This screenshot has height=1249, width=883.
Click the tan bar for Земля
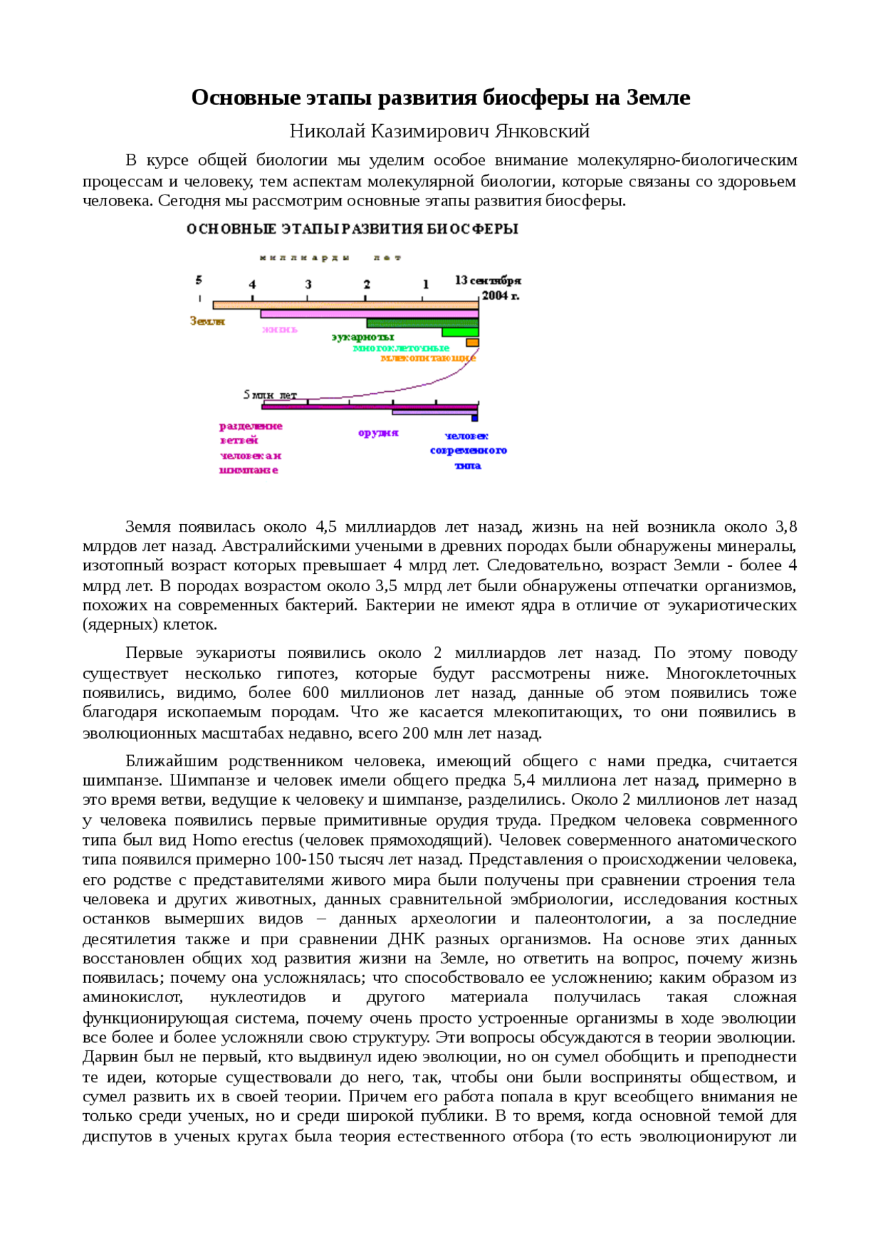point(345,305)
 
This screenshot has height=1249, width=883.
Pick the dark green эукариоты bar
point(421,323)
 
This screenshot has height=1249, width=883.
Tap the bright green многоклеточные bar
point(459,332)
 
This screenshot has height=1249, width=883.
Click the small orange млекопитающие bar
point(472,342)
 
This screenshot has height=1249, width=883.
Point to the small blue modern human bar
point(475,418)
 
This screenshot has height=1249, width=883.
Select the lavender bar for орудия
point(434,412)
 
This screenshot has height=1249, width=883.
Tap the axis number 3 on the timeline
point(308,284)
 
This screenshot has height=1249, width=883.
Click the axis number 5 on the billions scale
point(199,280)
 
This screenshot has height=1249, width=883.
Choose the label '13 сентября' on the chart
point(488,280)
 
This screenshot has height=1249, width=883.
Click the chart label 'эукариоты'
point(363,337)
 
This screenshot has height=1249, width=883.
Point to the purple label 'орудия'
point(378,433)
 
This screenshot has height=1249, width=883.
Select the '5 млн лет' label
point(270,394)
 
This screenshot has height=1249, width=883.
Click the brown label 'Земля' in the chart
point(207,321)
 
